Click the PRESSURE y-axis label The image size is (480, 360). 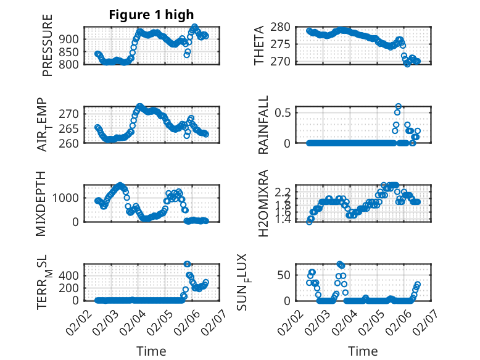(48, 45)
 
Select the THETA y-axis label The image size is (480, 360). (260, 45)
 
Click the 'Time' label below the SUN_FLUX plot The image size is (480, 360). (363, 351)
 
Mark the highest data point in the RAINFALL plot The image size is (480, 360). (399, 106)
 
